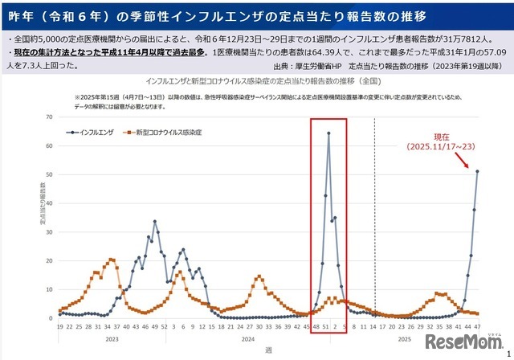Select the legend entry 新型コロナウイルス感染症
165,131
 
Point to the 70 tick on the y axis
48,117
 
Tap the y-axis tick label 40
48,203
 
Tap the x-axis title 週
267,351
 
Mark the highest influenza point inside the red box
328,133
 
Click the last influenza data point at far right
477,171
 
